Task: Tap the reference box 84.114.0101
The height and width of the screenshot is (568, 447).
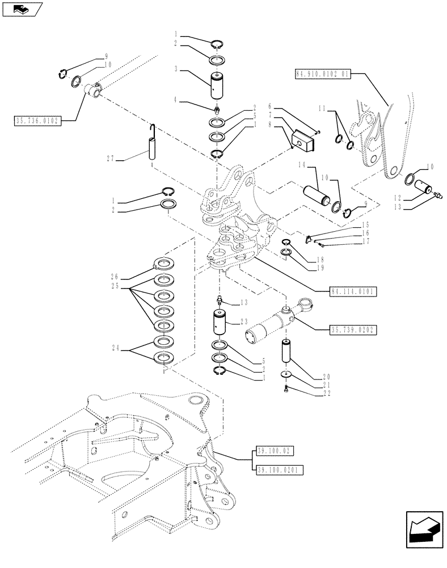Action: click(x=352, y=291)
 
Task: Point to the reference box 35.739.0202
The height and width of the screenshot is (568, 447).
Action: click(x=352, y=329)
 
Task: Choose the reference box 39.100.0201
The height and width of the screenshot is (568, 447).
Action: click(x=277, y=469)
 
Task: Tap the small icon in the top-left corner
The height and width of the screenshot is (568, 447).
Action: click(x=22, y=9)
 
